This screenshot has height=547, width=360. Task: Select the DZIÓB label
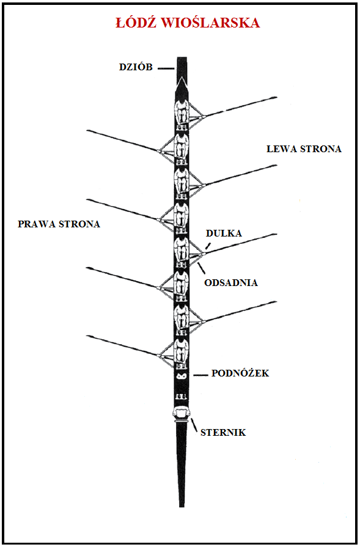point(136,67)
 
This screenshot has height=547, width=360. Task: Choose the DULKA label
point(224,233)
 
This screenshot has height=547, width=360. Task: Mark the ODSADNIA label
point(231,282)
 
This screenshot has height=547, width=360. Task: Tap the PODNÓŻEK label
point(240,373)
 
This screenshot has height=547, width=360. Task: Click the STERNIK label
point(223,433)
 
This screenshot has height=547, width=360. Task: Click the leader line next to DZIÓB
point(166,68)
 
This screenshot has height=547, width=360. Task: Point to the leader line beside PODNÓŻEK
point(200,375)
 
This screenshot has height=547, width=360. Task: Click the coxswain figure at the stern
point(181,414)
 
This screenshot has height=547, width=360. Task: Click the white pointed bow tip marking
point(182,83)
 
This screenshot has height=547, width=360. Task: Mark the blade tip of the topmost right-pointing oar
point(276,97)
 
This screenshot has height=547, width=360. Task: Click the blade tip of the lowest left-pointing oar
point(88,336)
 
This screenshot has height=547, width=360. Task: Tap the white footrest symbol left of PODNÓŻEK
point(182,376)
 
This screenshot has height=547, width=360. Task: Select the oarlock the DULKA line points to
point(204,254)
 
